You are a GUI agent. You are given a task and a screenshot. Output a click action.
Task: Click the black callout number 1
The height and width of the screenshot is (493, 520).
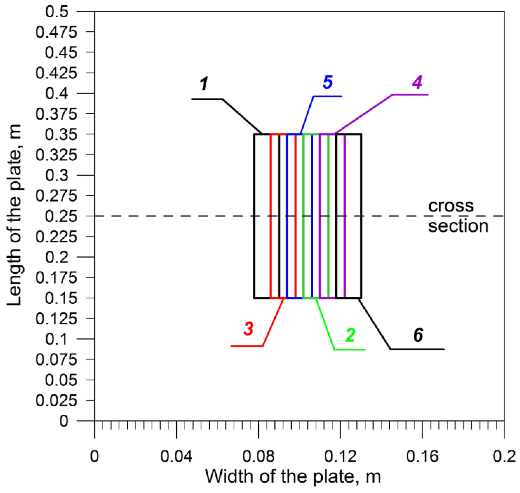coord(204,84)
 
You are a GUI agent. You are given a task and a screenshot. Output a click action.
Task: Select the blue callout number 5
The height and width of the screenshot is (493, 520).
coord(328,82)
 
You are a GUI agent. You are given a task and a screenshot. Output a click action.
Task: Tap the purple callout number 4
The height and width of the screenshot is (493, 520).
coord(417,82)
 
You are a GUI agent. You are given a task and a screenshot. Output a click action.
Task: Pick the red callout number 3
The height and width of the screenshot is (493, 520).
coord(249,329)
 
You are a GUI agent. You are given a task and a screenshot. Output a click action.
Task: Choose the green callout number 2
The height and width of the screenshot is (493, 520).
coord(351,335)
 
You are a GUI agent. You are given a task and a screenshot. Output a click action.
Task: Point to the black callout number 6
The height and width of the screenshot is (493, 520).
coord(418,335)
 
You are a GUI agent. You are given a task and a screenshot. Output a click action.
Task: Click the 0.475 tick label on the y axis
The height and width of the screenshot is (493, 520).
coord(56,32)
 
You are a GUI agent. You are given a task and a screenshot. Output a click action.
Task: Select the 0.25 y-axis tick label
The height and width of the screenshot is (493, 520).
coord(61,216)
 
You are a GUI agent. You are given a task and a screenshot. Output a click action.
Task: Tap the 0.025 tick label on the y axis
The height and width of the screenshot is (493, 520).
coord(56,401)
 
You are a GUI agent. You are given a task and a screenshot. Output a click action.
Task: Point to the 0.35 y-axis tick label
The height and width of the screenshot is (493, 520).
coord(61,134)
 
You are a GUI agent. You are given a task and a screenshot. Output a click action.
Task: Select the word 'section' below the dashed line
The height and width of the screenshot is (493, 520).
coord(458,226)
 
